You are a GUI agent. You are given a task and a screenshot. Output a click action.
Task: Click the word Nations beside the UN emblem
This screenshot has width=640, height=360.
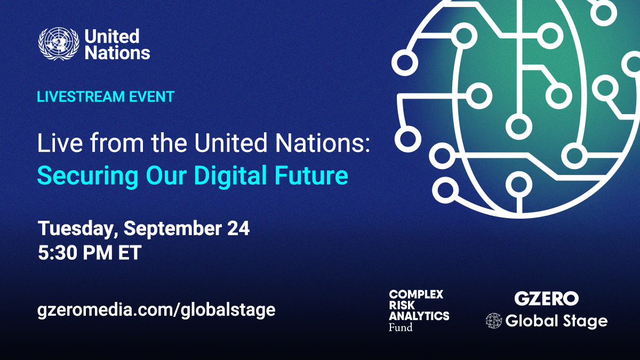point(117,53)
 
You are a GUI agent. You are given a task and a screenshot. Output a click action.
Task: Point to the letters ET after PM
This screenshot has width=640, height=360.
point(129,252)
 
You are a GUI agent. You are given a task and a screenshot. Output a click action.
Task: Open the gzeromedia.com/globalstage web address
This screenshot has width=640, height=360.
point(156,310)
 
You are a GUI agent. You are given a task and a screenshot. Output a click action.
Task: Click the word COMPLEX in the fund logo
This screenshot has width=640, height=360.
point(416,294)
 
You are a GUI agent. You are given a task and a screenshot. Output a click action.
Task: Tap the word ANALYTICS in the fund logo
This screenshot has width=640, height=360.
point(419,316)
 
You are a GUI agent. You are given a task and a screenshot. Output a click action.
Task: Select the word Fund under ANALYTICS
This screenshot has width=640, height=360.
point(401,327)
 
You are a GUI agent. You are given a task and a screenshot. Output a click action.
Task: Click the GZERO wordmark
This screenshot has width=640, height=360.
point(546,298)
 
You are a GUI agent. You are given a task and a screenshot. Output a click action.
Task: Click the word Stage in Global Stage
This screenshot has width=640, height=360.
point(585,321)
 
